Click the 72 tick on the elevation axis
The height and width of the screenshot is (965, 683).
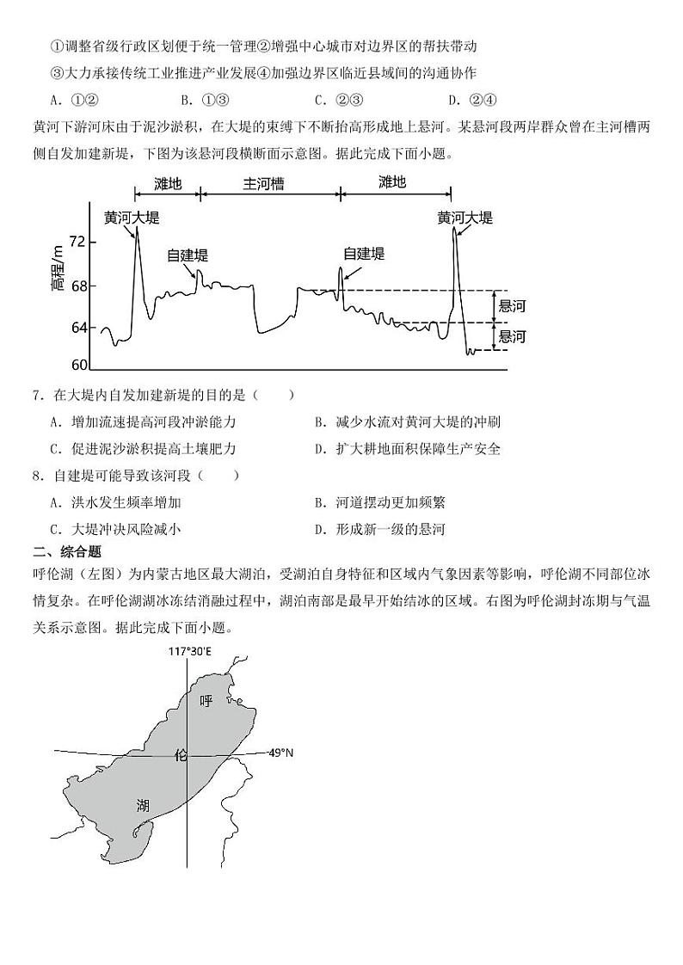[x=77, y=242]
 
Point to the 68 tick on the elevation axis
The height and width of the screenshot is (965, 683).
[x=77, y=286]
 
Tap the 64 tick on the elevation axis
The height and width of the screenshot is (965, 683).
[x=77, y=328]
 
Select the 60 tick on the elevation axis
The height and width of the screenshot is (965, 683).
[x=77, y=365]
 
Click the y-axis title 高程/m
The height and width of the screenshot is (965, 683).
[x=57, y=267]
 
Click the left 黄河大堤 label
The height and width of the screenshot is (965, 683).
[x=132, y=218]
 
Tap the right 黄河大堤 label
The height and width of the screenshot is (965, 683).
[x=465, y=218]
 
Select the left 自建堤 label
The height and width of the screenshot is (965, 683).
[x=187, y=255]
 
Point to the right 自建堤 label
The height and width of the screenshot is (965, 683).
[x=363, y=253]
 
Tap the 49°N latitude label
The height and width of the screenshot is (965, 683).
[x=280, y=753]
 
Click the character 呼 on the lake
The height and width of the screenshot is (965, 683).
[x=206, y=701]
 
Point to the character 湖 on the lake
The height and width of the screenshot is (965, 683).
[x=143, y=805]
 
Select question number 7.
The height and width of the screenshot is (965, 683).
[x=38, y=395]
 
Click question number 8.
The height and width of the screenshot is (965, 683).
[x=38, y=475]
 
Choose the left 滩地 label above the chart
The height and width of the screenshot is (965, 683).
[x=168, y=183]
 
